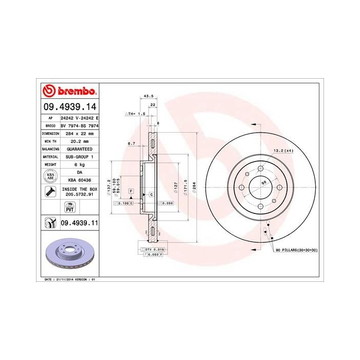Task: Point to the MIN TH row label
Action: (48, 140)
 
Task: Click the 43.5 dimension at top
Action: (149, 96)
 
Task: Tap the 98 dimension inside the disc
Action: (263, 183)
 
